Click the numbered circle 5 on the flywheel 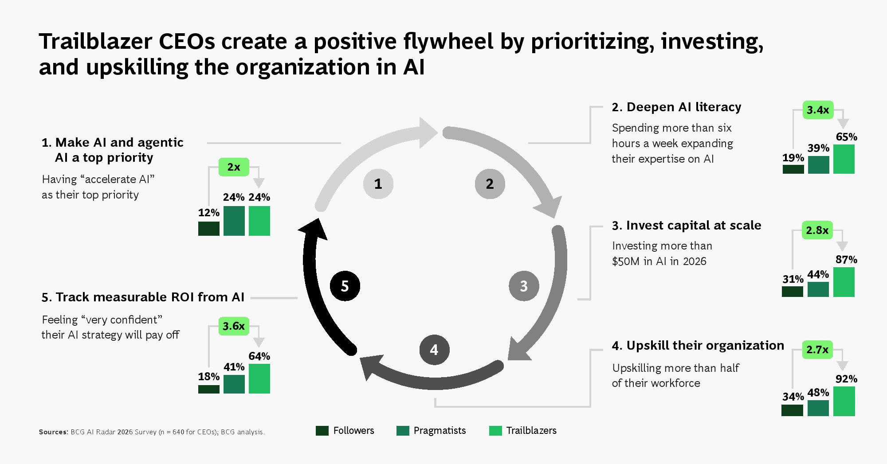(345, 286)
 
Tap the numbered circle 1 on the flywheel (378, 183)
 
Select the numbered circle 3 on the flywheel (524, 286)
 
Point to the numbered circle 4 (434, 350)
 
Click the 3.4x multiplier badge (818, 110)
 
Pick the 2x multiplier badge (234, 167)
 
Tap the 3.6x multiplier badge (234, 326)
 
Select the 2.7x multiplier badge (817, 350)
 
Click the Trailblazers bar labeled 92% (844, 401)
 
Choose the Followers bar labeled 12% (209, 229)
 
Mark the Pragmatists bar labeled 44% (818, 289)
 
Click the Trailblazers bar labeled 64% (259, 378)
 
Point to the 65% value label (846, 137)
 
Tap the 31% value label (793, 279)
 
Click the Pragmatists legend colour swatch (403, 431)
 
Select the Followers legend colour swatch (322, 431)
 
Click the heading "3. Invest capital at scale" (687, 226)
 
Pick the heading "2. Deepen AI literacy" (677, 107)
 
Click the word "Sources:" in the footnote (54, 432)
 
